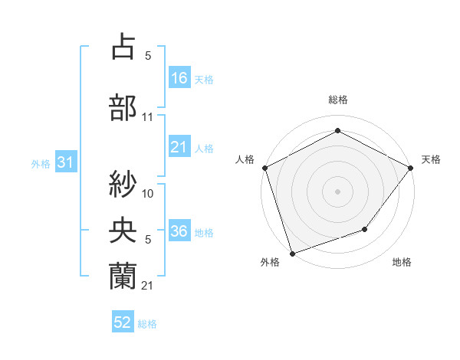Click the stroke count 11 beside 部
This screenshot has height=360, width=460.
[x=148, y=117]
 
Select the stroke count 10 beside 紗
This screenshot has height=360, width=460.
[x=148, y=193]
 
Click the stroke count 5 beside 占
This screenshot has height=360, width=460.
[x=147, y=56]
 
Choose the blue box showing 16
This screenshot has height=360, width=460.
[x=179, y=77]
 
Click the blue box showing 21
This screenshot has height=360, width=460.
[x=179, y=147]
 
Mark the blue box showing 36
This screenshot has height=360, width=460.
[x=179, y=231]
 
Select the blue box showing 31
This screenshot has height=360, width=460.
[x=65, y=162]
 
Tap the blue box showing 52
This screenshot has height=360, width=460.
[x=123, y=322]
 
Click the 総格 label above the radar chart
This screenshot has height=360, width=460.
[x=337, y=100]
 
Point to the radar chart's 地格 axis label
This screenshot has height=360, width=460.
[x=402, y=263]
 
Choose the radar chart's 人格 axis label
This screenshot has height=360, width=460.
[x=245, y=159]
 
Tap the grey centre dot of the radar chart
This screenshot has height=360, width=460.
[x=337, y=191]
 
